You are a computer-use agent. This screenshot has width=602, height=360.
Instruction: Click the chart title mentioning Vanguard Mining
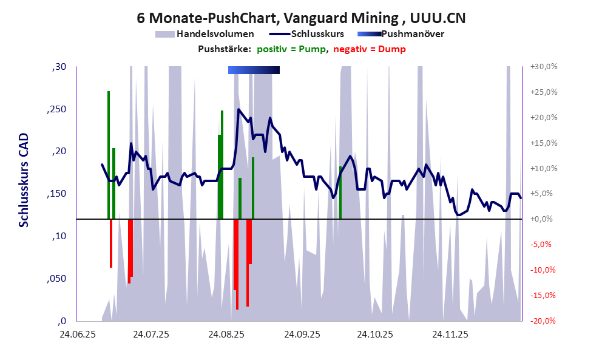click(301, 18)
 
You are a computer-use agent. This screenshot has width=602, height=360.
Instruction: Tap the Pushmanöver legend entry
click(416, 35)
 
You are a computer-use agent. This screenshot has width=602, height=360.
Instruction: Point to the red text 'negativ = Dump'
click(370, 49)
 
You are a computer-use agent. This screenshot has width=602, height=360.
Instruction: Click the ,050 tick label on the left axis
click(58, 279)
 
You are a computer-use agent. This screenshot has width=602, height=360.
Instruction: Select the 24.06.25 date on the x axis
click(76, 334)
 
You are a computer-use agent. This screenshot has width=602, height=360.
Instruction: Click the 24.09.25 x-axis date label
click(301, 334)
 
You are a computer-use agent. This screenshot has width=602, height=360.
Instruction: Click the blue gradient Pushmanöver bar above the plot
click(254, 70)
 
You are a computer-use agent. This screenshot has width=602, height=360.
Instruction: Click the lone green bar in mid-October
click(340, 192)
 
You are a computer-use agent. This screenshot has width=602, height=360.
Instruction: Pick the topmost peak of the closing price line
click(238, 109)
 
